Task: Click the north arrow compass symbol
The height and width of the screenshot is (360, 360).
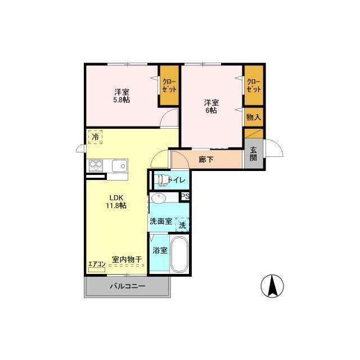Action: [x=272, y=286]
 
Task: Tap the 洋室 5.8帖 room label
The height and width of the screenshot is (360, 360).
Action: [x=121, y=96]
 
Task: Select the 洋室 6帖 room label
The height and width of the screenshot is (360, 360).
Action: [x=211, y=106]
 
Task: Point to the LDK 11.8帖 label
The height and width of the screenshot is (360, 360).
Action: [x=116, y=201]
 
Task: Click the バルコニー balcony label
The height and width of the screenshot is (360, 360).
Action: [x=127, y=286]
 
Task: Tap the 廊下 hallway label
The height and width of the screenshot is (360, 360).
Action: [x=206, y=159]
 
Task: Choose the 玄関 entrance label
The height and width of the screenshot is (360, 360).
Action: [x=253, y=154]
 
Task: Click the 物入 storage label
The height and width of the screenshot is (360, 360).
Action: [x=254, y=118]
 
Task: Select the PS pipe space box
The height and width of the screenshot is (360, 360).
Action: [x=185, y=196]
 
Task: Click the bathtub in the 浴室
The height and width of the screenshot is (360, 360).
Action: [x=179, y=254]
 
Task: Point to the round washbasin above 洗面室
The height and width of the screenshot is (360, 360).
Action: [x=158, y=198]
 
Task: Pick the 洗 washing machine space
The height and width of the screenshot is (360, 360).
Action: [x=182, y=224]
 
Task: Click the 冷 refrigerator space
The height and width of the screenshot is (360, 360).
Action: [x=95, y=137]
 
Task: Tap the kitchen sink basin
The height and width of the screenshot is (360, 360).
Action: [x=120, y=165]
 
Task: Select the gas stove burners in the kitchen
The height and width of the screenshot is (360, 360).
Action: [x=96, y=165]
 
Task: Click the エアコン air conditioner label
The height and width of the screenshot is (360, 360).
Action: [x=97, y=264]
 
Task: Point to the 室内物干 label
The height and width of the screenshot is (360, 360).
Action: [x=127, y=259]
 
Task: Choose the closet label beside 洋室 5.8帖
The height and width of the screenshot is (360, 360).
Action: [x=169, y=85]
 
